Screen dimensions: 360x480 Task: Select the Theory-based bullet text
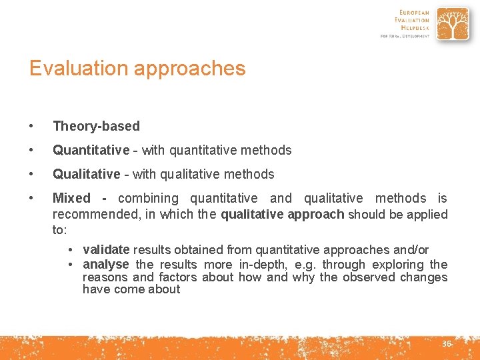coord(96,126)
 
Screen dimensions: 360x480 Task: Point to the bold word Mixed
coord(71,198)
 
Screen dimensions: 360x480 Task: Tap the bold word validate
coord(106,250)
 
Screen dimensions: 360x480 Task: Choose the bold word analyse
coord(105,265)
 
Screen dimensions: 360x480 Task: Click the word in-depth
coord(265,265)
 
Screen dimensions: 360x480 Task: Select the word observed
coord(369,277)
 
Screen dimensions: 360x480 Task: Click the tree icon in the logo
coord(452,25)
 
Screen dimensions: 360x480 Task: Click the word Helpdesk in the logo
coord(414,28)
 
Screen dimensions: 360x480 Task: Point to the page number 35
coord(446,344)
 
